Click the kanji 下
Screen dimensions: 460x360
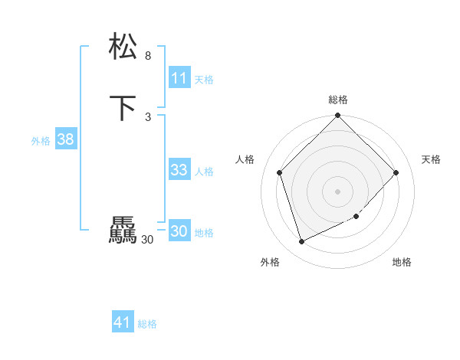click(x=123, y=108)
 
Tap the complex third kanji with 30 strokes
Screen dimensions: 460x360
click(x=123, y=231)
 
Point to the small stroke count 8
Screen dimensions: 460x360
click(x=148, y=56)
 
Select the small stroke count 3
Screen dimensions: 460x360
click(x=148, y=116)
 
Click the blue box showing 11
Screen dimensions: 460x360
click(x=179, y=78)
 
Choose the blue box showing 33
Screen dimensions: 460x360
click(x=179, y=170)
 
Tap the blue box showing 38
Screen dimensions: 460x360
click(x=66, y=139)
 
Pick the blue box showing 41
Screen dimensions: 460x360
click(x=123, y=322)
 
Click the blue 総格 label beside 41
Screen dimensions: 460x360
click(x=147, y=325)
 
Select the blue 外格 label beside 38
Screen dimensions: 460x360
click(x=41, y=141)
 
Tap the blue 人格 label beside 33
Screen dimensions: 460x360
click(x=205, y=172)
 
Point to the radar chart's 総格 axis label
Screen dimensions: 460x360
click(x=338, y=100)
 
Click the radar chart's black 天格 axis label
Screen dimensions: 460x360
click(x=431, y=159)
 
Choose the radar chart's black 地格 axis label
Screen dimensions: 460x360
click(x=402, y=262)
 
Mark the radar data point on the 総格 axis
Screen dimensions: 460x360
click(x=338, y=116)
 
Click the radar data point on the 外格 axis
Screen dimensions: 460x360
click(x=301, y=242)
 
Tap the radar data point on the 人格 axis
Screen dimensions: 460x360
click(x=280, y=172)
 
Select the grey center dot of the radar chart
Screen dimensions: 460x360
click(x=338, y=191)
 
